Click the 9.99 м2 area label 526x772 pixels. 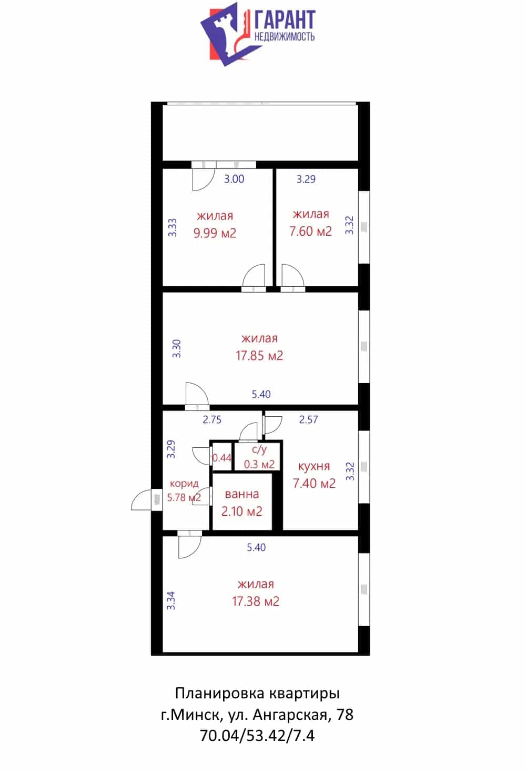click(x=215, y=233)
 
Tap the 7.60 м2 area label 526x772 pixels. click(x=310, y=231)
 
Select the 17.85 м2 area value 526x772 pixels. click(x=259, y=356)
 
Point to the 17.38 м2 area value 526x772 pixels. click(x=256, y=601)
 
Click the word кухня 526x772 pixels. click(x=314, y=466)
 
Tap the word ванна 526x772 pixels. click(x=242, y=494)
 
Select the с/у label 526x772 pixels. click(x=259, y=450)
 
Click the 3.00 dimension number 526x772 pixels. click(x=234, y=179)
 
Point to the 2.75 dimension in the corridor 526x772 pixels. click(x=212, y=419)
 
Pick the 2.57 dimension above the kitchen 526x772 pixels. click(x=308, y=419)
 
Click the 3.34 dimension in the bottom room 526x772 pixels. click(x=171, y=600)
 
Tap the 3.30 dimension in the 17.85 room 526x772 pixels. click(x=176, y=348)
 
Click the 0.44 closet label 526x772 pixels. click(x=222, y=458)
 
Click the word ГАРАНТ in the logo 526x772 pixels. click(x=285, y=19)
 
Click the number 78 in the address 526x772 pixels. click(x=345, y=715)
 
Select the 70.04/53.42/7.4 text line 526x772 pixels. click(x=257, y=736)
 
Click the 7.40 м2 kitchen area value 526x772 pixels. click(x=314, y=484)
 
